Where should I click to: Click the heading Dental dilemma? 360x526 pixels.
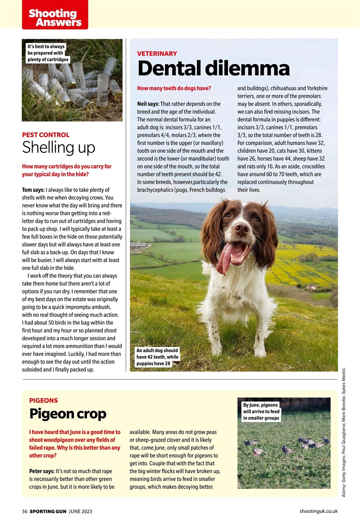pos(213,69)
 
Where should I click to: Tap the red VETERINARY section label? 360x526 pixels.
pos(157,53)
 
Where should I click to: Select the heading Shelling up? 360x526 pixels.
pos(58,147)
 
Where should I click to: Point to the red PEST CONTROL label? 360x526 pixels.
pos(46,135)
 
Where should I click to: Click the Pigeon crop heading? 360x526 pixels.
pos(68,414)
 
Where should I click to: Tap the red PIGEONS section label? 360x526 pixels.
pos(44,400)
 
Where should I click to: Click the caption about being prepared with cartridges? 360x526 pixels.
pos(46,53)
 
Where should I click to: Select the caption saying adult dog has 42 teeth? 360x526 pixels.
pos(157,357)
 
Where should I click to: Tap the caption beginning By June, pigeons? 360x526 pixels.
pos(261,411)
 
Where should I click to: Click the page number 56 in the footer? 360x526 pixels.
pos(25,511)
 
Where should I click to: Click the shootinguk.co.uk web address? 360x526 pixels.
pos(318,511)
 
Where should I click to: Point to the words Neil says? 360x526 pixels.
pos(148,104)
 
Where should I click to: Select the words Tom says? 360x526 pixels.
pos(33,190)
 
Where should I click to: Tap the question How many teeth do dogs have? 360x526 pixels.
pos(174,88)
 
